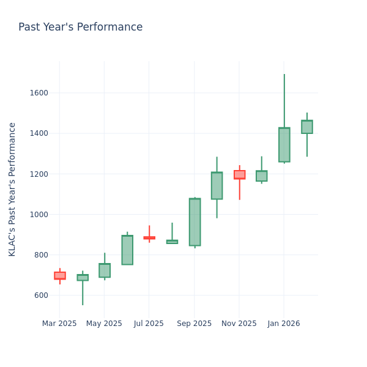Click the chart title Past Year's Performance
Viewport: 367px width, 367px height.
[80, 28]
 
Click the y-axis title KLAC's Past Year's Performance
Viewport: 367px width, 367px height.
[12, 189]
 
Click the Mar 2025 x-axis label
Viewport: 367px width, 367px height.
[59, 324]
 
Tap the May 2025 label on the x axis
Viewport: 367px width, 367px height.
[104, 324]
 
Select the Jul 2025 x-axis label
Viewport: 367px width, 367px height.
[149, 324]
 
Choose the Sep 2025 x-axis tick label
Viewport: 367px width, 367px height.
[194, 324]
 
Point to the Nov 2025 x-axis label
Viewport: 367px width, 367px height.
[239, 324]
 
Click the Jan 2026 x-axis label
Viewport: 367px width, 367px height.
[284, 324]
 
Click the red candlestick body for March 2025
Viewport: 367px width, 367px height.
[59, 276]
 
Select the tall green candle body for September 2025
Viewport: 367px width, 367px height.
[195, 222]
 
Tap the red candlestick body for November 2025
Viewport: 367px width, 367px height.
[239, 174]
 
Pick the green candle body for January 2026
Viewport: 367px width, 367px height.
[284, 145]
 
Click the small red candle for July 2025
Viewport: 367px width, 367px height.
[149, 238]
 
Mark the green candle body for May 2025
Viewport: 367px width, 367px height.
[105, 270]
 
